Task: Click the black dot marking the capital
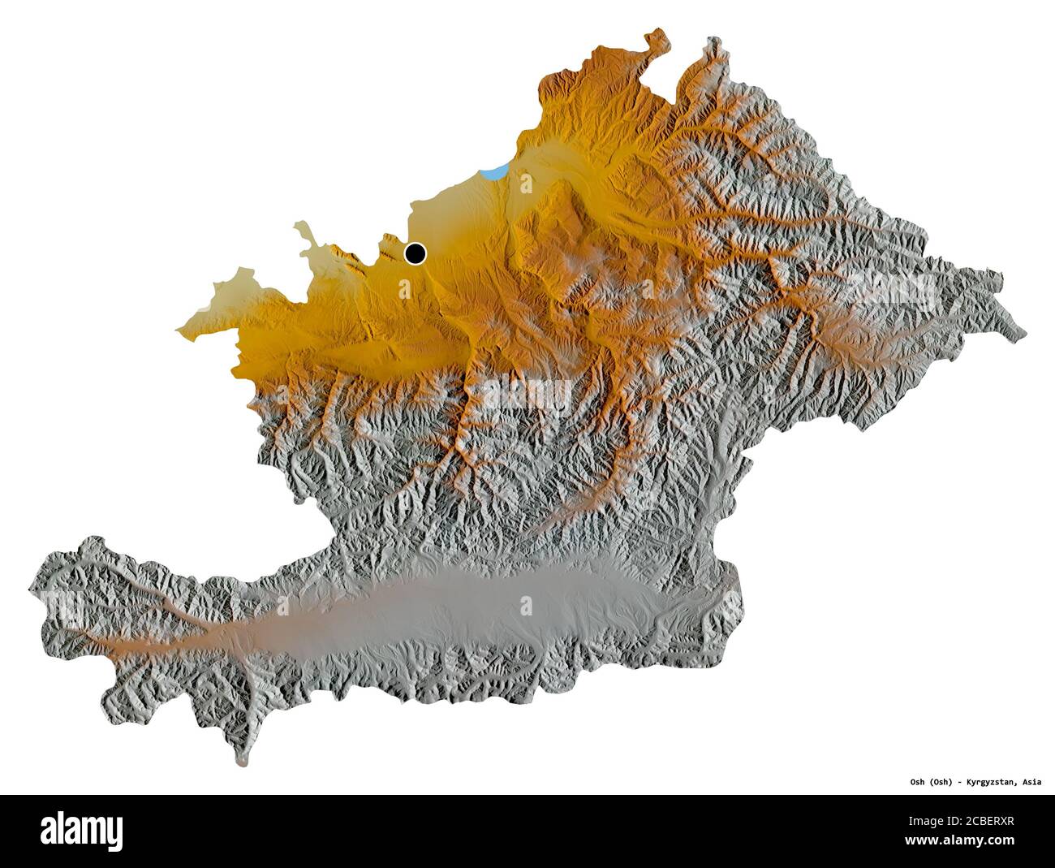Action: (x=416, y=253)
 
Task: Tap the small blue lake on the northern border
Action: (x=494, y=172)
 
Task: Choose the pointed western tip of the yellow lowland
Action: (x=179, y=330)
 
